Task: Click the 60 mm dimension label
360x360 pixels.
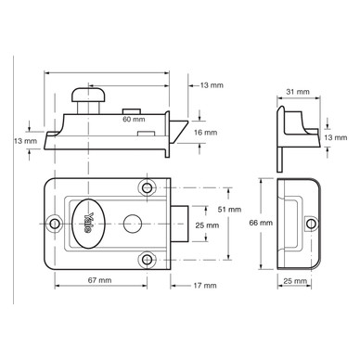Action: [134, 119]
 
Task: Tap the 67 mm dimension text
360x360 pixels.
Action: [99, 280]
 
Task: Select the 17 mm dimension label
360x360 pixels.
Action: [205, 285]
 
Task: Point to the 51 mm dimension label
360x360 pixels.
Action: [229, 210]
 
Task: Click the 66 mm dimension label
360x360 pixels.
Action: [261, 223]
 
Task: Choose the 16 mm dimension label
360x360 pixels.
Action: [206, 133]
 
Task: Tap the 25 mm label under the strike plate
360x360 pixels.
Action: [295, 281]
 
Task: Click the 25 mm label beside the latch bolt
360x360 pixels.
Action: [207, 225]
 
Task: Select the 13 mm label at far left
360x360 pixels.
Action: [25, 141]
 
